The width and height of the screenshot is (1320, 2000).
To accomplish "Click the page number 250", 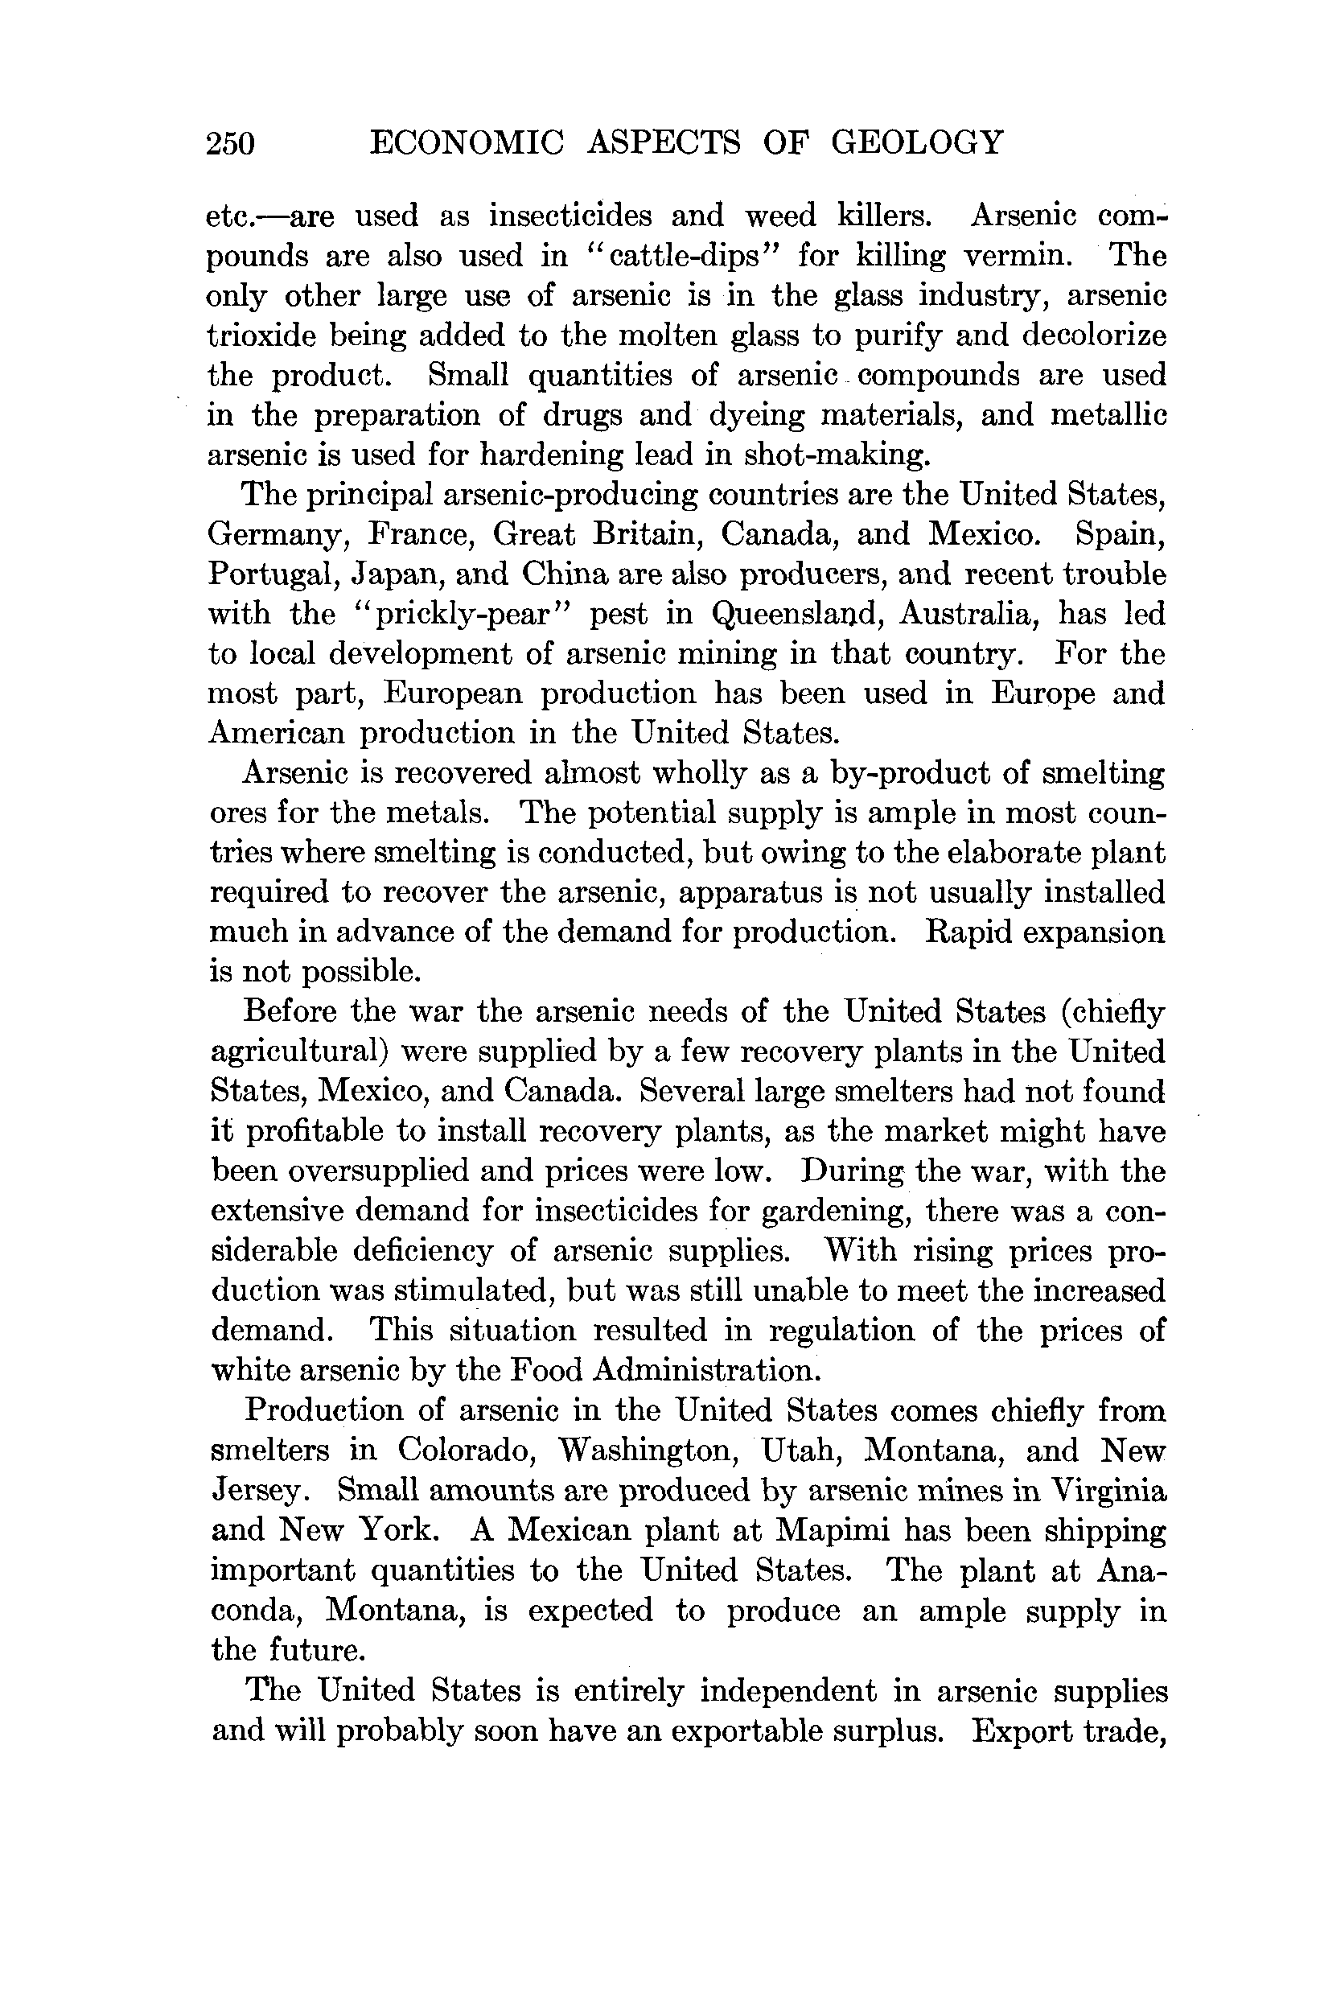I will coord(230,143).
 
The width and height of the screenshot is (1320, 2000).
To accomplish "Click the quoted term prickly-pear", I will coord(459,615).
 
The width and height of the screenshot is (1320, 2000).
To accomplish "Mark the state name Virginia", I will coord(1108,1490).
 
